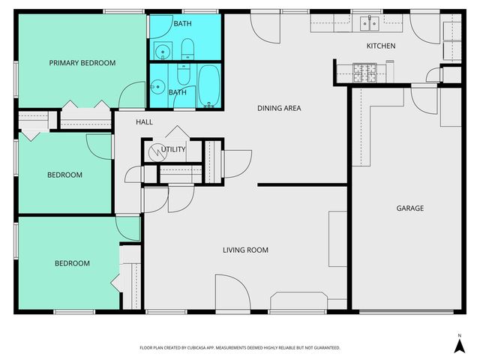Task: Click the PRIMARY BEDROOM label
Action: click(82, 63)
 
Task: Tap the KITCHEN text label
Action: click(380, 46)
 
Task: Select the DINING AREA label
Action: click(279, 109)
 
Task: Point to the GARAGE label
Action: click(409, 208)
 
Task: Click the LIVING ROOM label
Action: click(245, 250)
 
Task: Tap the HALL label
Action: click(144, 121)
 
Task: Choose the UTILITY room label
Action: click(173, 149)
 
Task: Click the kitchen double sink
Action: click(368, 24)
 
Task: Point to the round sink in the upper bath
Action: click(162, 52)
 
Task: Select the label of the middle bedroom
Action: click(64, 175)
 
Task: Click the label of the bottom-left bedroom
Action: click(72, 263)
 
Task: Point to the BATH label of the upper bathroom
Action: click(182, 24)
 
